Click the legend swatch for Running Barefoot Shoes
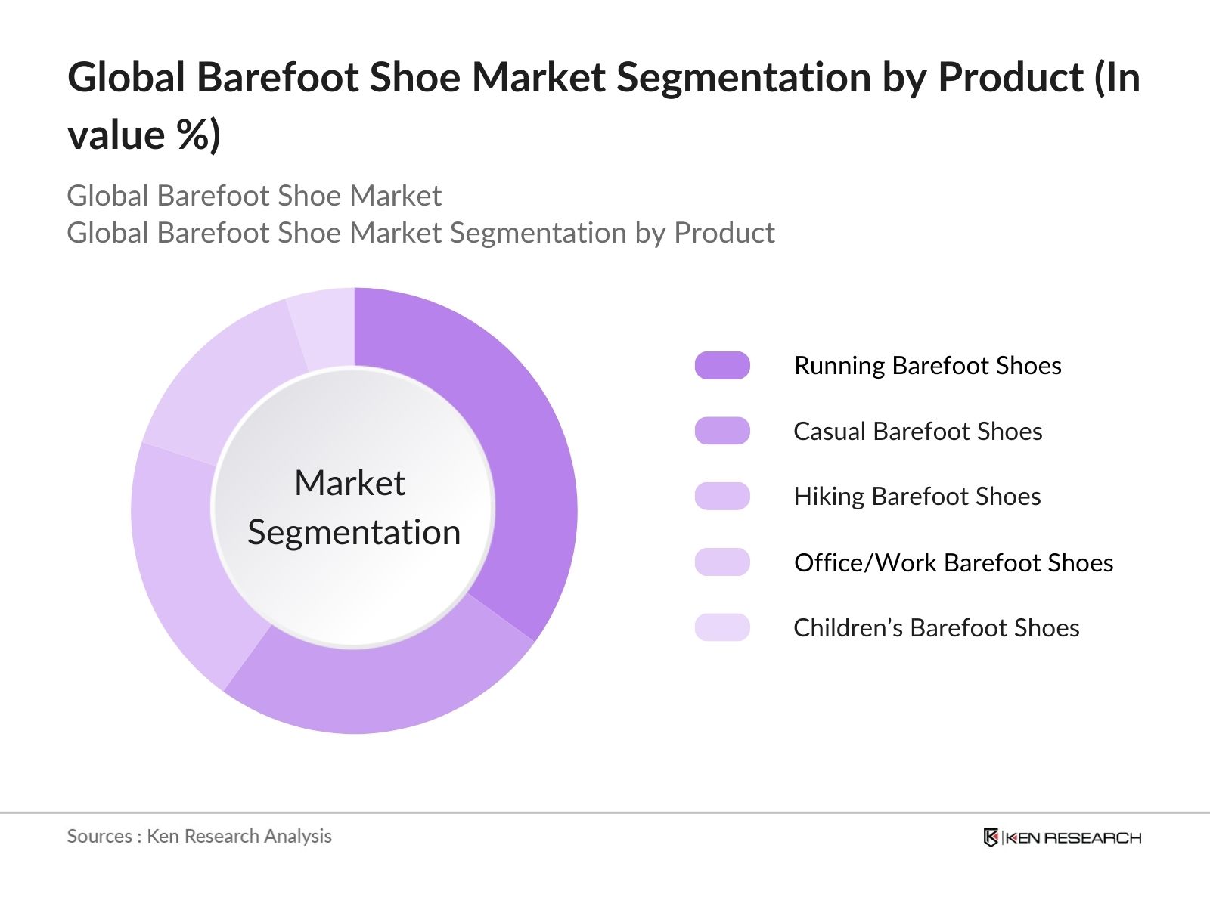tap(722, 365)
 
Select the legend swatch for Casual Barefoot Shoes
tap(722, 431)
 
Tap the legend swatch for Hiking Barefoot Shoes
tap(722, 497)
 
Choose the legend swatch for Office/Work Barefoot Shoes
tap(722, 562)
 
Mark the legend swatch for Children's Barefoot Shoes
tap(722, 627)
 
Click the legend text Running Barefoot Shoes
tap(927, 366)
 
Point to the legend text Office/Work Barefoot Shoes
tap(954, 563)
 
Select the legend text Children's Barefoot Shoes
tap(936, 628)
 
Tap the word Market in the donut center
tap(350, 483)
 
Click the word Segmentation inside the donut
tap(354, 533)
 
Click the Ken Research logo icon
tap(991, 837)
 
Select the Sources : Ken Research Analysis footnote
tap(199, 836)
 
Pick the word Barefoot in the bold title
tap(277, 78)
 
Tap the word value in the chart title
tap(116, 135)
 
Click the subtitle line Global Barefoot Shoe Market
tap(254, 196)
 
